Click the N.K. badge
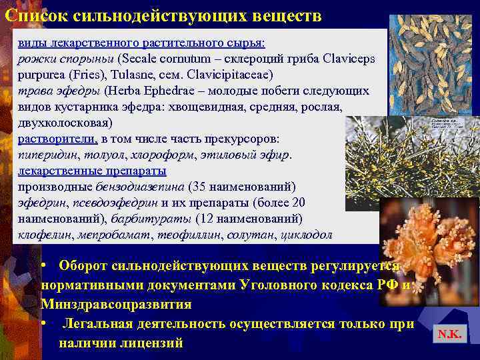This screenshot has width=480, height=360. pyautogui.click(x=449, y=335)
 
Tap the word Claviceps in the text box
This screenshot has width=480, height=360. pyautogui.click(x=347, y=58)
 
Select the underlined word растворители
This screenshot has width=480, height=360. pyautogui.click(x=58, y=139)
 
